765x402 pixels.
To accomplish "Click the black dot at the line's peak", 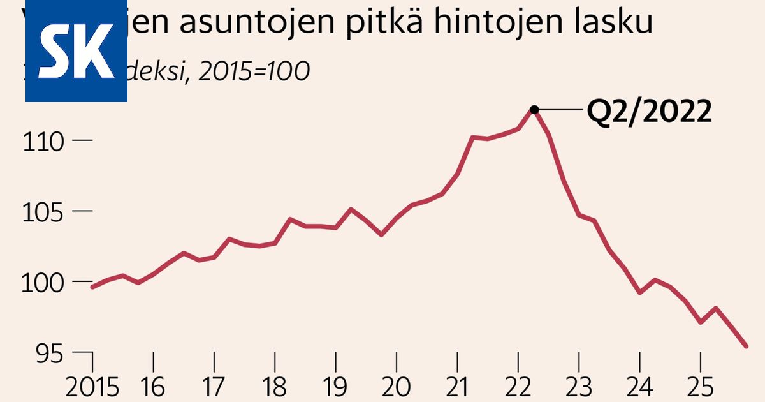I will [x=534, y=110].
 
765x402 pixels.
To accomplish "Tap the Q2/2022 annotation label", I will [x=649, y=113].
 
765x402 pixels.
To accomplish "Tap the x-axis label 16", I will [x=153, y=387].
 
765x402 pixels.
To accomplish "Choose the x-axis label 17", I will [x=214, y=387].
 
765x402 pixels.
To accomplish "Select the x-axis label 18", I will [x=275, y=387].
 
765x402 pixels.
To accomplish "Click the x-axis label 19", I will [x=335, y=387].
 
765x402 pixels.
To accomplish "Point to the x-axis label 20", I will [x=397, y=387].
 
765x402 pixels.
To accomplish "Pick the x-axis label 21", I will [x=456, y=387].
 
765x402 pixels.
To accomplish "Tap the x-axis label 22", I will [x=518, y=387].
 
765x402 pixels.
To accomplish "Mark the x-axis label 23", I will [x=579, y=387].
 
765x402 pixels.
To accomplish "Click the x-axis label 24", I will [x=639, y=387].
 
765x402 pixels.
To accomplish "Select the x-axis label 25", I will [x=700, y=387].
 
